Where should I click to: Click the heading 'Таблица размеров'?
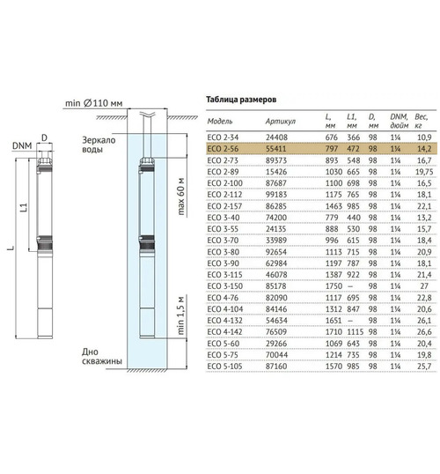tap(241, 100)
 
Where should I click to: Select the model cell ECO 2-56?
tap(223, 149)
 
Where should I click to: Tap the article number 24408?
tap(276, 137)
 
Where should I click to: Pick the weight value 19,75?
tap(424, 172)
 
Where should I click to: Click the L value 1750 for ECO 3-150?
tap(334, 286)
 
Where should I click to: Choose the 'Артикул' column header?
tap(281, 122)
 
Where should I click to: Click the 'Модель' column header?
tap(220, 122)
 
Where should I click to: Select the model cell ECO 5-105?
tap(225, 367)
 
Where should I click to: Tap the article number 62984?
tap(276, 263)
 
